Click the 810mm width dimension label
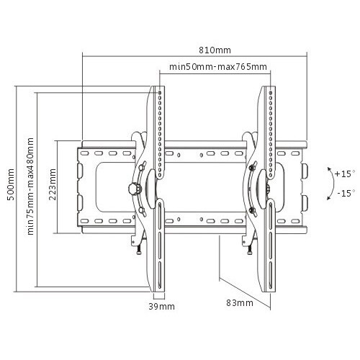pos(215,50)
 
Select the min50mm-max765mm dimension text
pos(218,66)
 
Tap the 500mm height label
pos(11,184)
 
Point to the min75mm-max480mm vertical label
pos(30,186)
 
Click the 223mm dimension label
pos(53,184)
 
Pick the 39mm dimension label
pos(161,307)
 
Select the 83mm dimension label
pos(240,303)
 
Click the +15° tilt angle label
pos(345,174)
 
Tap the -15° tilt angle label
pos(346,193)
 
